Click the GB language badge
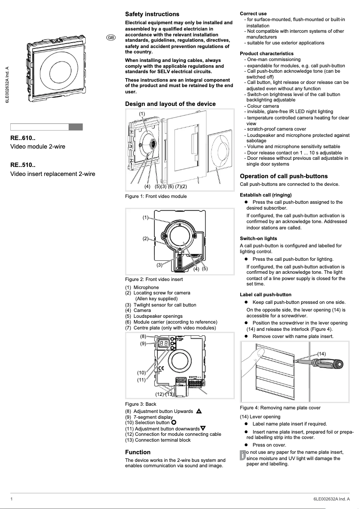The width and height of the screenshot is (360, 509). (x=110, y=38)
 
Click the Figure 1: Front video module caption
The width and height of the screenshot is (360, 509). (x=156, y=196)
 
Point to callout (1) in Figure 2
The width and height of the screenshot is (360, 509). (x=145, y=218)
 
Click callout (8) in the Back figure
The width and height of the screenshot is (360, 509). (x=143, y=336)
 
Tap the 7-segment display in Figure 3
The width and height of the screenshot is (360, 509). (x=163, y=343)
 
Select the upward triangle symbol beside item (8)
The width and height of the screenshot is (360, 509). (x=199, y=411)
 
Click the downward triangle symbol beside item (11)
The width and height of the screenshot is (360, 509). (x=203, y=428)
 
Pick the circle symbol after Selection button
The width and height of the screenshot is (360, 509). (x=174, y=422)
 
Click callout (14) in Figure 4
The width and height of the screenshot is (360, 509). (x=321, y=354)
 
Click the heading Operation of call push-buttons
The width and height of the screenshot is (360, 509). (x=284, y=176)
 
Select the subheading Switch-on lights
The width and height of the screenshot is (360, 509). (x=259, y=238)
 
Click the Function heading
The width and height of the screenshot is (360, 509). (x=138, y=452)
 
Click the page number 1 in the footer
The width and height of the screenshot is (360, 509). (x=12, y=499)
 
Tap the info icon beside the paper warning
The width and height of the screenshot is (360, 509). (x=243, y=455)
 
